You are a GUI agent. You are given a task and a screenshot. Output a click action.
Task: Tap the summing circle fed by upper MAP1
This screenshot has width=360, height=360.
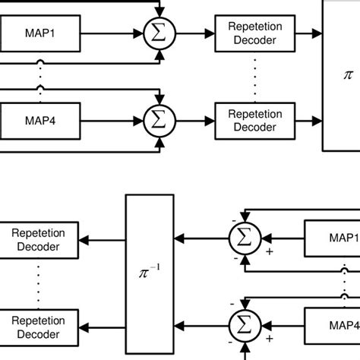159,33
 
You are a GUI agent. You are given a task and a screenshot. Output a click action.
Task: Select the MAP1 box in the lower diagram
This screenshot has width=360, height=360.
333,239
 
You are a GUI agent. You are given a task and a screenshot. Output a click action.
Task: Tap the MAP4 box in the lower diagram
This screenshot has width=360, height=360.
333,325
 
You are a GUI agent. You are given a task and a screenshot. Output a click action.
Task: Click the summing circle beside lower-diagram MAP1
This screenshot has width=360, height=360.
244,239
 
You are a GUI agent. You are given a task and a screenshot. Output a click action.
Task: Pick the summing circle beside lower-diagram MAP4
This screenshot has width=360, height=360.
244,325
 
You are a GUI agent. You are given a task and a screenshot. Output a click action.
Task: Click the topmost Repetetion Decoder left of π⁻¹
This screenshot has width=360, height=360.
36,239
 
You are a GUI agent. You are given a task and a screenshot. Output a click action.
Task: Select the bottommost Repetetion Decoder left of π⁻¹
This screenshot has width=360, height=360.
36,325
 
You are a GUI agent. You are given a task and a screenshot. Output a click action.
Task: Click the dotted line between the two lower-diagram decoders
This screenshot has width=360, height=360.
36,282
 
